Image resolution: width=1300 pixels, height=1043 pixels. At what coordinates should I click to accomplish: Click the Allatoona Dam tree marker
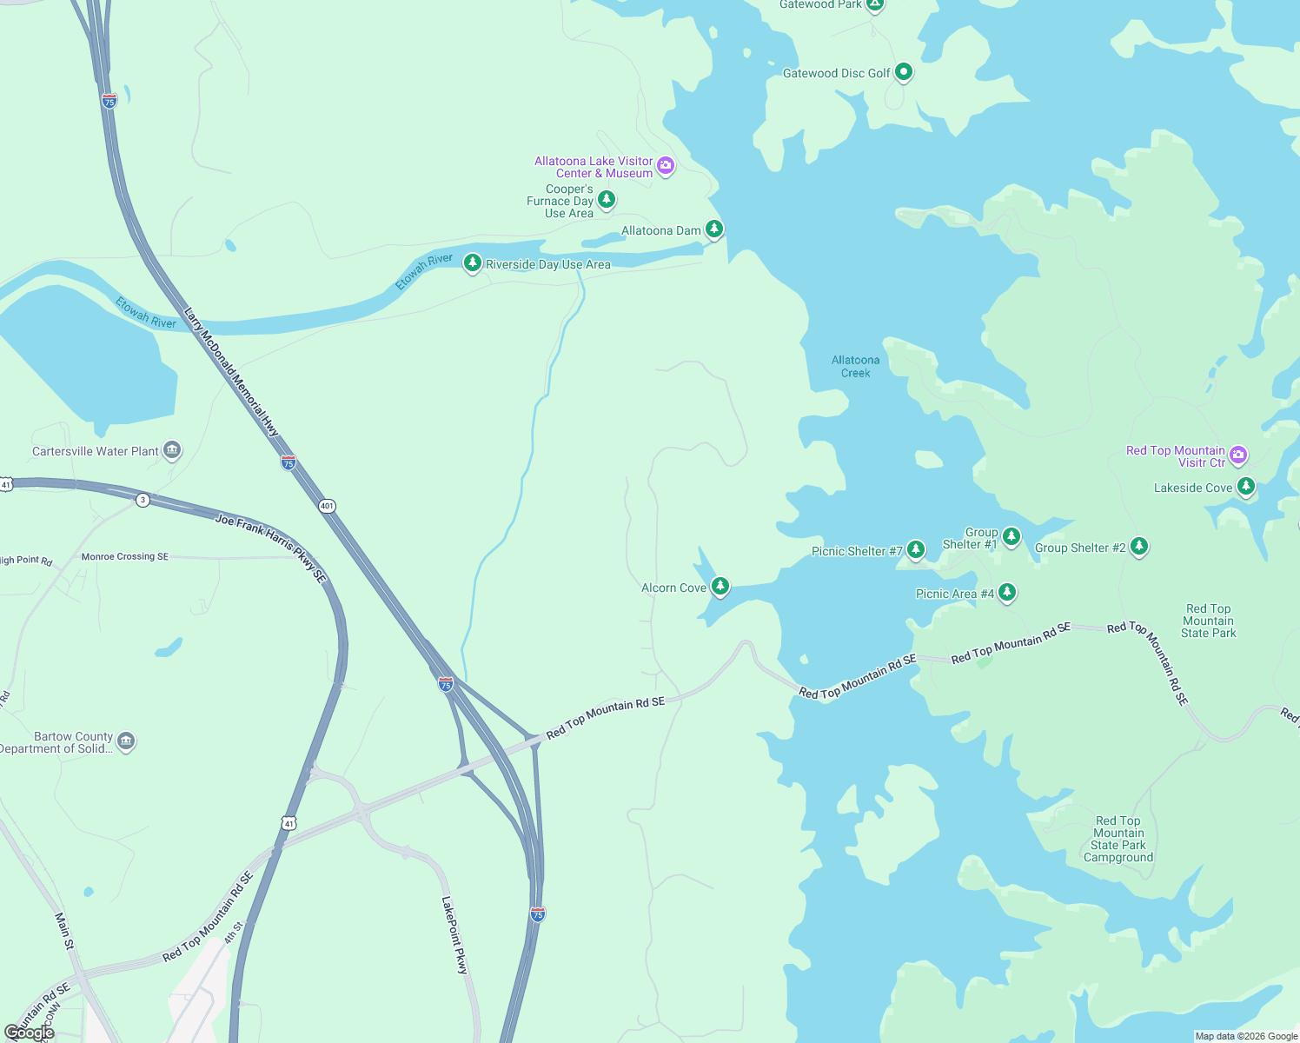click(713, 229)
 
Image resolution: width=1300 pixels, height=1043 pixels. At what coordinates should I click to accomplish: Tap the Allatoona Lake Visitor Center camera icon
click(666, 165)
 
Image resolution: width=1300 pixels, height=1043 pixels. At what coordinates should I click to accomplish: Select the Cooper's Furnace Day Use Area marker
click(607, 200)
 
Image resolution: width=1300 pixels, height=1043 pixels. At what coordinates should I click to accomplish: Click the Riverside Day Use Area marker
click(473, 262)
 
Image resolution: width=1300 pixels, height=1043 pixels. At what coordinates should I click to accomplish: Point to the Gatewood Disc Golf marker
click(904, 71)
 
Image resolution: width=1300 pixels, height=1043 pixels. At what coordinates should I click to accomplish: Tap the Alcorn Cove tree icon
click(720, 587)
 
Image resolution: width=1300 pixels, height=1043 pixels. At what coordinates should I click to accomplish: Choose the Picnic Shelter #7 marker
click(916, 549)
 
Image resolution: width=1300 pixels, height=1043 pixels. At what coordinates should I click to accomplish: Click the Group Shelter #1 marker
click(1011, 536)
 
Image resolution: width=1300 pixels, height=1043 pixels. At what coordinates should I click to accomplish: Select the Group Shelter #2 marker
click(1139, 546)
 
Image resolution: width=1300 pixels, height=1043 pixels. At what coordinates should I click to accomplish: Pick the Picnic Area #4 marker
click(1007, 593)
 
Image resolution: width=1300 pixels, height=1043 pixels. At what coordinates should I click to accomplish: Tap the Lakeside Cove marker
click(1246, 486)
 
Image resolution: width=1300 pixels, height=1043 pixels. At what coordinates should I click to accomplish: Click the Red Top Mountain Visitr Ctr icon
click(1239, 455)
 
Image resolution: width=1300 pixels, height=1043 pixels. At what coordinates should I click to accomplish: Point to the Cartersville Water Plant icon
click(172, 449)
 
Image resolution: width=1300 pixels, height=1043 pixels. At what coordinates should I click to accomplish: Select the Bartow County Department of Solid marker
click(126, 741)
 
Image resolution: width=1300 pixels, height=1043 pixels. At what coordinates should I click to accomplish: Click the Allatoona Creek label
click(855, 366)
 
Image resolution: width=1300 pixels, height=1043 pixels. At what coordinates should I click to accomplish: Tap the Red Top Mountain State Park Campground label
click(1118, 839)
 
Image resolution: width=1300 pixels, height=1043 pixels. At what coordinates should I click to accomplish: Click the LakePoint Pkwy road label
click(454, 934)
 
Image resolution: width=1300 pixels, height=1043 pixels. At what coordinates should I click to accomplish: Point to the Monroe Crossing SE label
click(125, 556)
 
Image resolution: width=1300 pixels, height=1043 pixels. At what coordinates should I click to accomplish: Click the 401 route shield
click(327, 506)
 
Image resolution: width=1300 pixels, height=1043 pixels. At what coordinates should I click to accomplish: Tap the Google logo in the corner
click(29, 1032)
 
